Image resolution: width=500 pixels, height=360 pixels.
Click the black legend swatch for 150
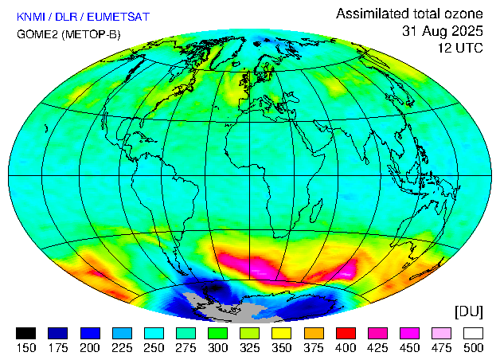click(25, 333)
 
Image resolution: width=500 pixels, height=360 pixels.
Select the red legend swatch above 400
click(346, 333)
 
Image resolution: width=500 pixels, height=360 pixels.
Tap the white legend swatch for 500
click(474, 333)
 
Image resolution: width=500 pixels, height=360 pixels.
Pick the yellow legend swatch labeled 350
click(282, 333)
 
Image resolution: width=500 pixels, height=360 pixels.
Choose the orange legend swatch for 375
click(314, 333)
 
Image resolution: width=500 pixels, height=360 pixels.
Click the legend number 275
click(186, 347)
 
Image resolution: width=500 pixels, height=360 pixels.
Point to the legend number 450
click(409, 347)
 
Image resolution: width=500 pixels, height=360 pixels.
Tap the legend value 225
click(122, 347)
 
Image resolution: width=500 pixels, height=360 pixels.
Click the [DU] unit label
click(469, 311)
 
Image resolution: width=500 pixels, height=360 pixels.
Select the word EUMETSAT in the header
click(119, 17)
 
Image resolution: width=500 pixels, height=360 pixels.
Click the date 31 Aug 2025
click(443, 31)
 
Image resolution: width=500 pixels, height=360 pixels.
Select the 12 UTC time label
click(460, 48)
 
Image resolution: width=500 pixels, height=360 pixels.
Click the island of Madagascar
click(315, 210)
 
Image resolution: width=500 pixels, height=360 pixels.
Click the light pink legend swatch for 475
click(442, 333)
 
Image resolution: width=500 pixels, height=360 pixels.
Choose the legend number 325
click(250, 347)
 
